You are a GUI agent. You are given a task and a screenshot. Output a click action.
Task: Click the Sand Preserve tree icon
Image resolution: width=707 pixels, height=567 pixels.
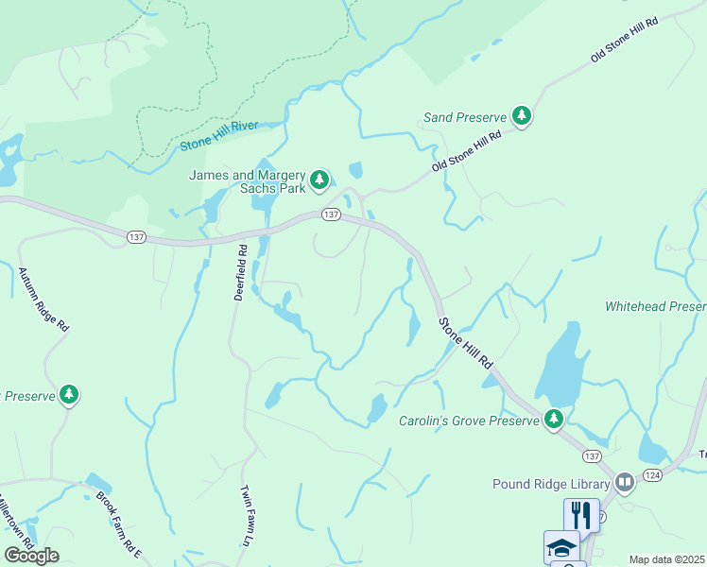click(521, 116)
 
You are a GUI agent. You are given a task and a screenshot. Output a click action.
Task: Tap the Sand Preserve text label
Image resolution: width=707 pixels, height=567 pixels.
click(465, 117)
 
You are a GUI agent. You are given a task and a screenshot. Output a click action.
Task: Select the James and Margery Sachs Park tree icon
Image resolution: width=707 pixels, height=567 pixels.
click(319, 179)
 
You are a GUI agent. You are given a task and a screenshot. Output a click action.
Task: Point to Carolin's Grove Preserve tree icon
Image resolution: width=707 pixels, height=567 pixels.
click(554, 419)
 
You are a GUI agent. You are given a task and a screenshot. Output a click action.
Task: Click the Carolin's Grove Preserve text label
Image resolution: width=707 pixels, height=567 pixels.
click(467, 420)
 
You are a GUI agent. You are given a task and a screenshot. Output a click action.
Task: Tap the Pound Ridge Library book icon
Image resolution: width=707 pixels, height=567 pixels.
click(624, 483)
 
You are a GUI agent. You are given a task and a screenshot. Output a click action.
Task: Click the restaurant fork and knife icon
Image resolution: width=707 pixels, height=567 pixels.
click(580, 514)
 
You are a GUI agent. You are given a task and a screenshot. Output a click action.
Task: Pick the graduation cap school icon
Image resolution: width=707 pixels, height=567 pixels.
click(560, 546)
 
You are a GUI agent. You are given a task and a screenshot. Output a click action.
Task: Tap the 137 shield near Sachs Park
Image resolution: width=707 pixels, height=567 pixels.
click(330, 215)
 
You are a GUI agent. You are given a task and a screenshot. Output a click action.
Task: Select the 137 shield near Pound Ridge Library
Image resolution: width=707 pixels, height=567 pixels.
click(592, 455)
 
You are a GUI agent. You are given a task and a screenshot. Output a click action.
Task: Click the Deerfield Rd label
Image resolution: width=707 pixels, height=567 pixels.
click(241, 273)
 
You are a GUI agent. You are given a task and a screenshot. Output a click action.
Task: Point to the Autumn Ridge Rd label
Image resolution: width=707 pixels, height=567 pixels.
click(43, 299)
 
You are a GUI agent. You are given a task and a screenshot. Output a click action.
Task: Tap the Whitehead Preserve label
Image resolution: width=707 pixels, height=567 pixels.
click(655, 307)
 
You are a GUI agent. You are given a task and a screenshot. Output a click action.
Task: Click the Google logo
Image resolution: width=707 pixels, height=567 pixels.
click(31, 555)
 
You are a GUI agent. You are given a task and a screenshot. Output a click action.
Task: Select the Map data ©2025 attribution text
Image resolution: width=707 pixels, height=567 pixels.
click(665, 559)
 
